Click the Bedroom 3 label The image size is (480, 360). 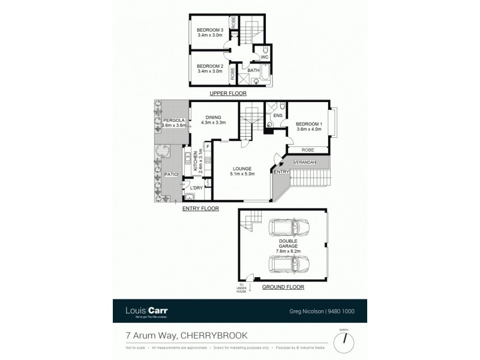(x=209, y=30)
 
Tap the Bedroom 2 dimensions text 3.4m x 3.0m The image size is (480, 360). (x=209, y=71)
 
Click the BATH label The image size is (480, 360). (x=253, y=71)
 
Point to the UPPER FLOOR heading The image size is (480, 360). (x=227, y=94)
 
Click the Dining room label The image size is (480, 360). (x=214, y=118)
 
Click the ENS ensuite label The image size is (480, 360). (x=278, y=115)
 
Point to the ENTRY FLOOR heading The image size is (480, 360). (x=200, y=209)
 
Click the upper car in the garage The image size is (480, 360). (x=287, y=229)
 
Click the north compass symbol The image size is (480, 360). (x=344, y=339)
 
